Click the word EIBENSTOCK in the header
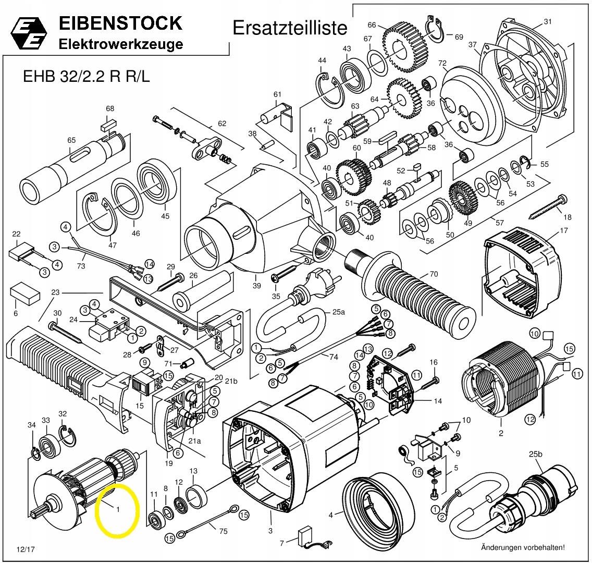120,23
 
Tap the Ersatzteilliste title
289,27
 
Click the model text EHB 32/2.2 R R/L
87,76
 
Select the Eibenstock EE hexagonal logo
29,34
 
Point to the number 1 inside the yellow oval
118,509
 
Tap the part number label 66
372,25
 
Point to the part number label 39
256,285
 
